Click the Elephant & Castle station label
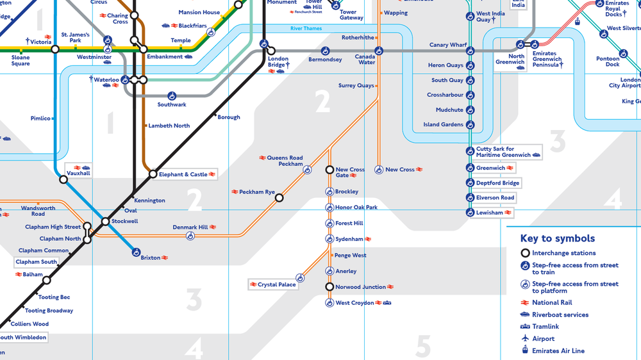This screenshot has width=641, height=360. click(x=183, y=174)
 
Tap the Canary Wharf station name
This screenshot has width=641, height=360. click(x=448, y=45)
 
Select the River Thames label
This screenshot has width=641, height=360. click(x=306, y=29)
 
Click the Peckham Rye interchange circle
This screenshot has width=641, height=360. click(x=279, y=198)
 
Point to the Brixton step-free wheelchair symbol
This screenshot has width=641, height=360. click(x=136, y=253)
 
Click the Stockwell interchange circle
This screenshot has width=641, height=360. click(x=106, y=222)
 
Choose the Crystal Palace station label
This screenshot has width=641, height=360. click(x=277, y=284)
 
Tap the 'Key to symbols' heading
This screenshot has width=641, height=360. click(x=557, y=238)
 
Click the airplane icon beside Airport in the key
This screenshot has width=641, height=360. click(x=525, y=338)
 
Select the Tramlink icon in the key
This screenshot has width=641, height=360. click(x=525, y=327)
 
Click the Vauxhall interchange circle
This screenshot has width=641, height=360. click(x=63, y=179)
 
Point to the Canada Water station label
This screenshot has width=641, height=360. click(x=365, y=60)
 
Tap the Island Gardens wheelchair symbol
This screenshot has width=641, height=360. click(x=470, y=125)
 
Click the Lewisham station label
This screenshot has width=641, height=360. click(x=490, y=213)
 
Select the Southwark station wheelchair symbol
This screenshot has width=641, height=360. click(x=172, y=96)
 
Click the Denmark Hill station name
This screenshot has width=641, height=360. click(x=190, y=227)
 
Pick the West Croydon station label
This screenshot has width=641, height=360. click(x=354, y=303)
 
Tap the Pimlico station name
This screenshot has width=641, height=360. click(x=40, y=119)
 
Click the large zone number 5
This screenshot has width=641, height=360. click(x=423, y=346)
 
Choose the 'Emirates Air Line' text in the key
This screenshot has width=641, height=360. click(x=558, y=350)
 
